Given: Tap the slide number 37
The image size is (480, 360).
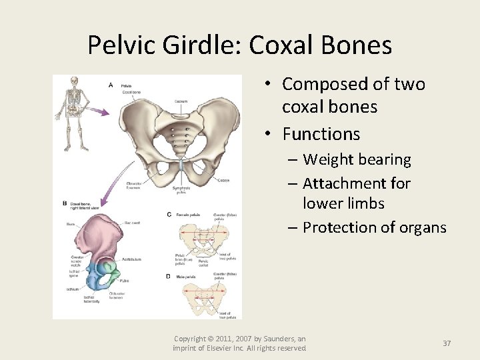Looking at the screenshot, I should coord(447,343).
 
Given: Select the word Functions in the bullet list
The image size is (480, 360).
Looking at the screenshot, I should coord(321,134).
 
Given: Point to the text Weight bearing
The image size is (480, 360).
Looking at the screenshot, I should coord(357,160).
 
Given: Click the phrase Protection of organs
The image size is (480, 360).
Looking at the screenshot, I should coord(374,227).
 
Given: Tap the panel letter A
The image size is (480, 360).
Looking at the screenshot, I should coord(111,85).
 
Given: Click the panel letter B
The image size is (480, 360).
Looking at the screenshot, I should coord(65,203).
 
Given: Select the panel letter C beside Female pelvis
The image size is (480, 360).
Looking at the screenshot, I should coord(169,214).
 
